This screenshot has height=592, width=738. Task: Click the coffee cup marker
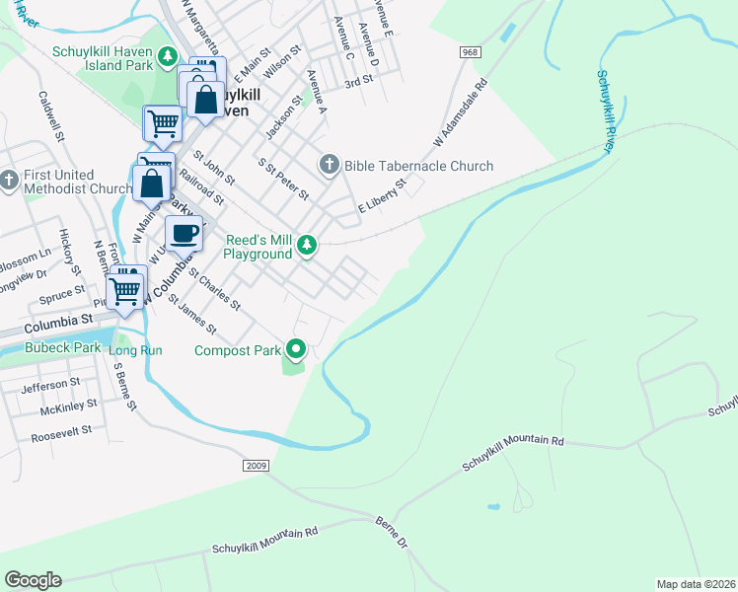click(184, 234)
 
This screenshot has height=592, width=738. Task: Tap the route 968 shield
click(469, 51)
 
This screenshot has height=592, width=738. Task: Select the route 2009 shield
click(255, 463)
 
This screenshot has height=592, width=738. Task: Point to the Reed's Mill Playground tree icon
click(308, 246)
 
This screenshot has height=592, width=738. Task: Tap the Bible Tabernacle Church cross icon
click(329, 165)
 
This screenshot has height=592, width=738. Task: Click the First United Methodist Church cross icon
click(10, 181)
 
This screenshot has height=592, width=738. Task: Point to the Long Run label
click(135, 350)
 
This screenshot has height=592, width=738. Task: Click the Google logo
click(33, 580)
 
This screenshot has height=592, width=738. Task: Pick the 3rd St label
click(355, 84)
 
